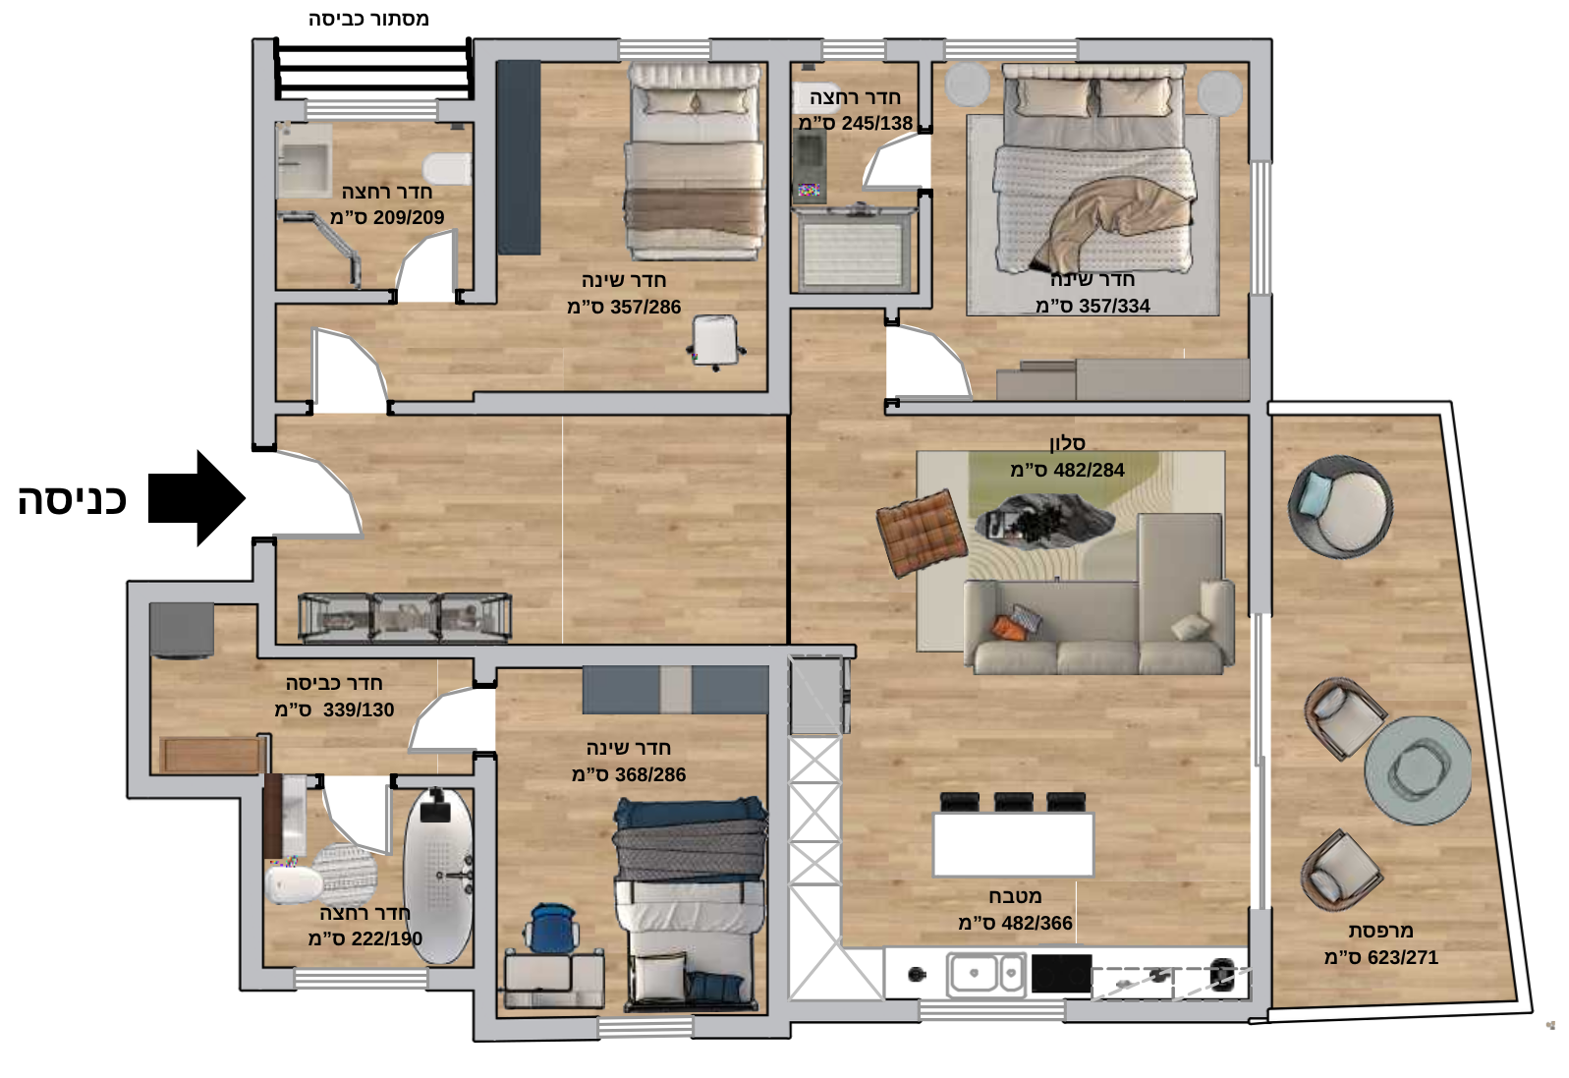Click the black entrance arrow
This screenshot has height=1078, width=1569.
coord(196,498)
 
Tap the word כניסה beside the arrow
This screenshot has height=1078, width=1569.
coord(72,500)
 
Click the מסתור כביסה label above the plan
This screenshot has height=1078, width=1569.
coord(368,19)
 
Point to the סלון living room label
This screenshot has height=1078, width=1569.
coord(1067,442)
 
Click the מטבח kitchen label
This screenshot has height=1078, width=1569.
coord(1015,896)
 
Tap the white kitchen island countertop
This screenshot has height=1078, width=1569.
coord(1013,844)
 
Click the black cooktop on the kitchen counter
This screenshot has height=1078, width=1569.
coord(1061,974)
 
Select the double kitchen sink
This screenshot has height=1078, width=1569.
coord(985,974)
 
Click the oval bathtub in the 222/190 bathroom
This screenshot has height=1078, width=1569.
coord(438,876)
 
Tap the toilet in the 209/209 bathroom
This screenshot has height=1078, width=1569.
coord(447,169)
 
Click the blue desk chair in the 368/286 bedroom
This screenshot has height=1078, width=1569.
coord(552,929)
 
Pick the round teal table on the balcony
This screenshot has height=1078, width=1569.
coord(1418,769)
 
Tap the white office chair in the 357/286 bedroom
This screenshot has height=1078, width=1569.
coord(715,342)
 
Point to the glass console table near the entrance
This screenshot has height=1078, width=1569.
coord(405,618)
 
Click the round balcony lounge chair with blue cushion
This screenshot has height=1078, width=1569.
coord(1340,507)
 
